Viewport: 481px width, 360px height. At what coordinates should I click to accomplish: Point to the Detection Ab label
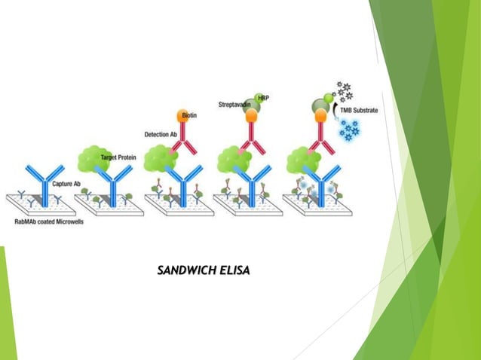160,134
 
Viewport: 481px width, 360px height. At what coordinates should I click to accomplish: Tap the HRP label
263,98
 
